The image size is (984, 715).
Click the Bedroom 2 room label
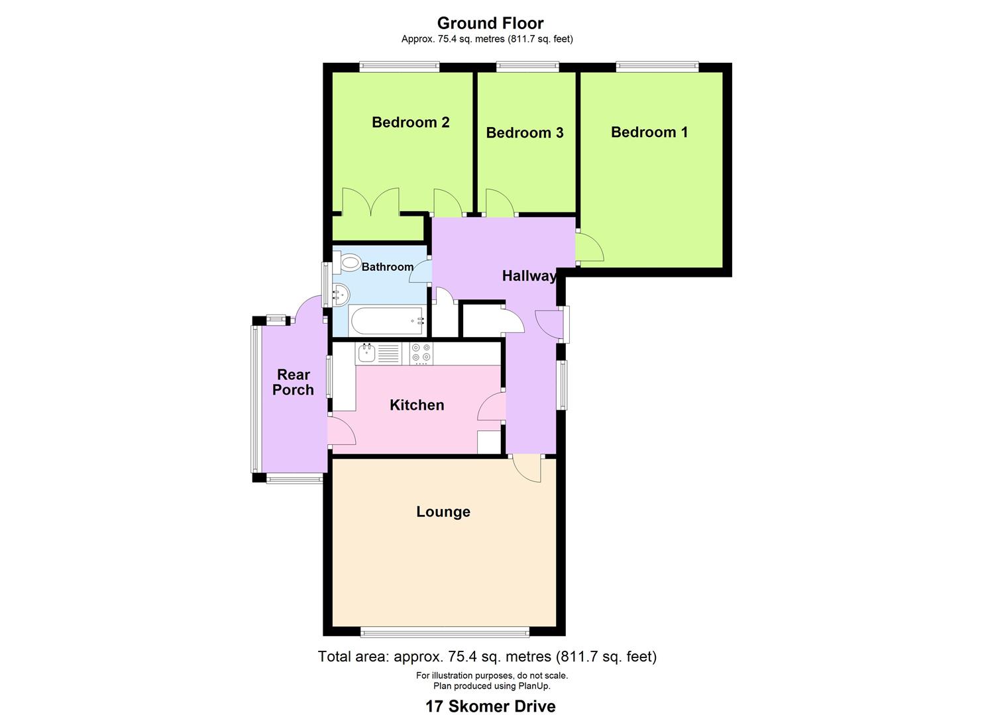coord(410,122)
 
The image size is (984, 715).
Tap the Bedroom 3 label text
coord(524,133)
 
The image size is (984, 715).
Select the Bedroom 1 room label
coord(649,132)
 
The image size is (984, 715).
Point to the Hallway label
coord(529,276)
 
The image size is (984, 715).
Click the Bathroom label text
coord(387,267)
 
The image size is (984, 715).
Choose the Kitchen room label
coord(416,405)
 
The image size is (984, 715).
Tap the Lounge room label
coord(443,512)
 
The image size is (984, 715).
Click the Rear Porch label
coord(293,383)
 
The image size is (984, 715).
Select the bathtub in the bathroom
coord(386,321)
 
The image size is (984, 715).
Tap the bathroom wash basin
coord(339,294)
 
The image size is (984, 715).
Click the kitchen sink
coord(366,353)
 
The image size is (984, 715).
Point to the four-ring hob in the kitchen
coord(420,353)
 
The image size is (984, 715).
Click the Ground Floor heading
coord(490,23)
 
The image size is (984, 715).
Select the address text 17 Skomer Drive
coord(490,706)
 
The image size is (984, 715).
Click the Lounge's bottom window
coord(445,632)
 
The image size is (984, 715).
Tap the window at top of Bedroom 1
coord(657,66)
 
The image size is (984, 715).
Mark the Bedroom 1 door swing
coord(589,248)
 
